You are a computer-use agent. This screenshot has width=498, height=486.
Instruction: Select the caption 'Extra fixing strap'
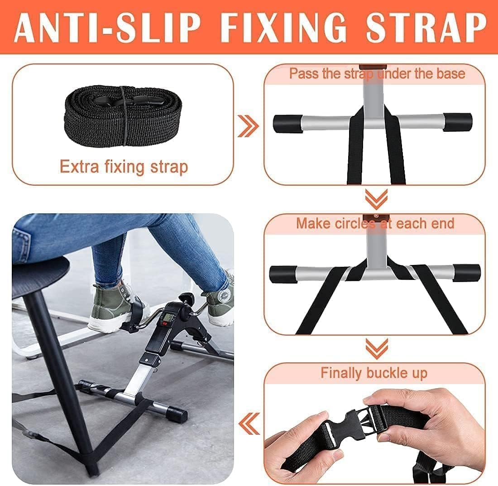[124, 167]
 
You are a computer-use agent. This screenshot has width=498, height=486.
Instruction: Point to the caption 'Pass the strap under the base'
[377, 73]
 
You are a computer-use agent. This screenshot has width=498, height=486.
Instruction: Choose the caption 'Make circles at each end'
[375, 223]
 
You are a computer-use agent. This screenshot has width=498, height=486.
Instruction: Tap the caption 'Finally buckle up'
[374, 373]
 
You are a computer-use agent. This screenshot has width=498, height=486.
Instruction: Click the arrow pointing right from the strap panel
[249, 125]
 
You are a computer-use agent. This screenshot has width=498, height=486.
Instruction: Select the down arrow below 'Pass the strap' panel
[376, 198]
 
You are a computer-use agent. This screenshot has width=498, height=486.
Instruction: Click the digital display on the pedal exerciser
[170, 318]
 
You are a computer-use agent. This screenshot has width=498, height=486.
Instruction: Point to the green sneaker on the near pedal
[115, 306]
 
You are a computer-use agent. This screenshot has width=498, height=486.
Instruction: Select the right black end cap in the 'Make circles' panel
[466, 272]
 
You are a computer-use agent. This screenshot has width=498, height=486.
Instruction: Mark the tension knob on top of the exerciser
[185, 299]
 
